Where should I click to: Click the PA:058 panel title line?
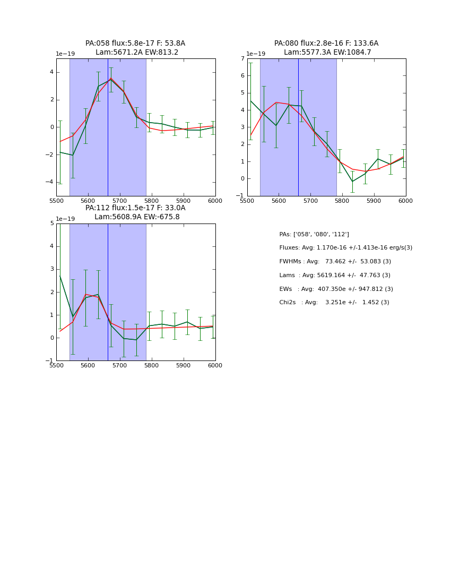[x=135, y=44]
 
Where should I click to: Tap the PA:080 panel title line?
[x=326, y=44]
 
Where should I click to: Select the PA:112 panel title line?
[x=135, y=208]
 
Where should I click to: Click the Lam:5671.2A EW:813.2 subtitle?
[x=137, y=53]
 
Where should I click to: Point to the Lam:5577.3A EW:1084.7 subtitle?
[x=327, y=53]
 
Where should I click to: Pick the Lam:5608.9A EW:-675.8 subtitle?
[x=137, y=217]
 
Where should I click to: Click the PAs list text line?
[x=314, y=234]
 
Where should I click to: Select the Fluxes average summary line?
[x=345, y=248]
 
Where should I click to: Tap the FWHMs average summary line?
[x=335, y=262]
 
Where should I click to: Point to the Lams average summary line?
[x=335, y=276]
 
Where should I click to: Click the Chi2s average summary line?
[x=334, y=303]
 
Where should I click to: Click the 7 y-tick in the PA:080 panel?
[x=242, y=58]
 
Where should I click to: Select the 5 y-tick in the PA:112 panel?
[x=52, y=224]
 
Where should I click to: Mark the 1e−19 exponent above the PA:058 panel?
[x=65, y=54]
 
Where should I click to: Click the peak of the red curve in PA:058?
[x=111, y=78]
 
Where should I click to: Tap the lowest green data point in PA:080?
[x=352, y=182]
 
